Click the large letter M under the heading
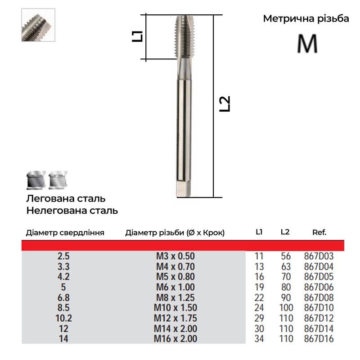point(307,43)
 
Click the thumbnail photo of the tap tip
point(38,25)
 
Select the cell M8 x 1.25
point(175,298)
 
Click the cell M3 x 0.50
point(175,256)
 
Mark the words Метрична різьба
point(306,19)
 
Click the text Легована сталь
point(66,198)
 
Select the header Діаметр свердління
point(65,233)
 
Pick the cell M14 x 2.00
point(175,328)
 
